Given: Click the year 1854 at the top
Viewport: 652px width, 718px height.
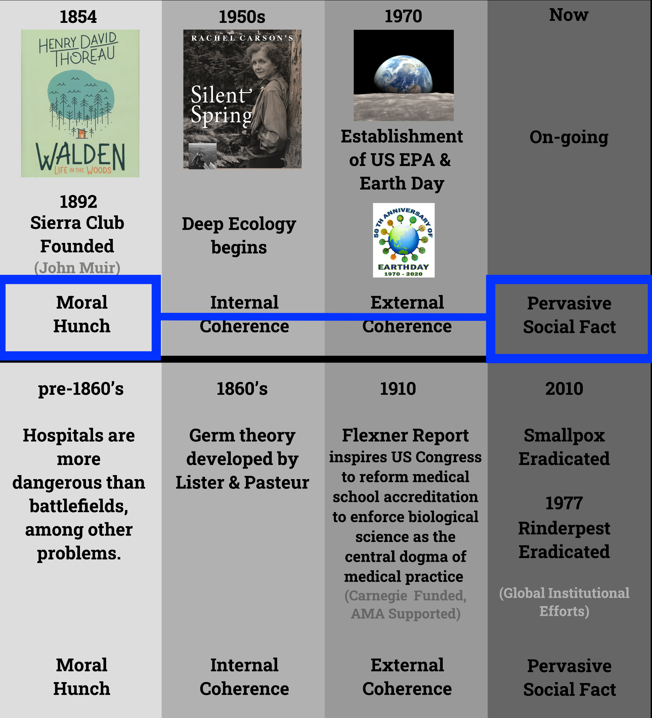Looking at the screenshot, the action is tap(78, 17).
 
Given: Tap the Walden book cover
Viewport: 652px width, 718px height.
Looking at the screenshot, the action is tap(80, 103).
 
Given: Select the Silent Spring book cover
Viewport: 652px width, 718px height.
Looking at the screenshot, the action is tap(243, 99).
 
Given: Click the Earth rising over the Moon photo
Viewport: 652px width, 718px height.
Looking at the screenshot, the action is tap(403, 75).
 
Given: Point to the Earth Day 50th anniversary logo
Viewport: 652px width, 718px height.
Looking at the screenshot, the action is tap(404, 240).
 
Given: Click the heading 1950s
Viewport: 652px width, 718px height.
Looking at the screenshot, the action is tap(242, 17).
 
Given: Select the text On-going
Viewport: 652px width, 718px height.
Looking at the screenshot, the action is tap(569, 137).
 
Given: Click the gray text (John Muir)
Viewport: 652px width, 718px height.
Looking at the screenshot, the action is tap(77, 267).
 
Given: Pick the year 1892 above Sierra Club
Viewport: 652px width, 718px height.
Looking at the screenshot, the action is tap(78, 202).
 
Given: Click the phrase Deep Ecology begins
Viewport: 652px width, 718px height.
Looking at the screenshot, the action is tap(239, 236).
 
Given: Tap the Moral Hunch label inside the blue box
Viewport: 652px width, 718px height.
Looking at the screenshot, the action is tap(82, 314).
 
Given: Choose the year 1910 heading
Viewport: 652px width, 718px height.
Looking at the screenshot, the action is tap(398, 388).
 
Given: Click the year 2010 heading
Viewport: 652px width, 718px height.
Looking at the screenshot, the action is tap(564, 388).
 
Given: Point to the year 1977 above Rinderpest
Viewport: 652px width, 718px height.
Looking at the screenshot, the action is tap(564, 503).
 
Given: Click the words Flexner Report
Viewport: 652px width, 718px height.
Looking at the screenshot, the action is tap(405, 435).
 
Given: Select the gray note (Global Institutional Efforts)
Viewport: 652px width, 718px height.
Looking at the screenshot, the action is tap(564, 602).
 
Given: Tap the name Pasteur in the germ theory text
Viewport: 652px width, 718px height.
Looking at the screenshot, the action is tap(276, 482).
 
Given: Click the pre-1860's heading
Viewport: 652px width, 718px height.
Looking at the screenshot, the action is tap(81, 388).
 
